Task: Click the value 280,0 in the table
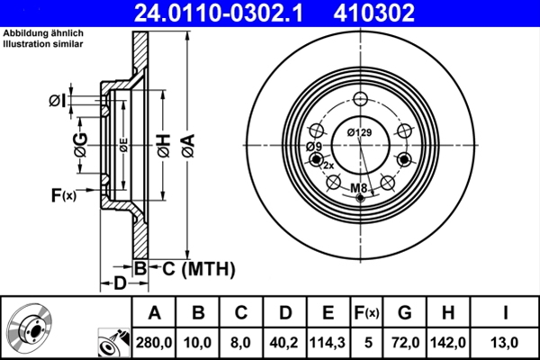click(x=154, y=341)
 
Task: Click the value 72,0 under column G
click(x=404, y=341)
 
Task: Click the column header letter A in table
click(x=154, y=313)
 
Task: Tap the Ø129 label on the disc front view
click(x=360, y=134)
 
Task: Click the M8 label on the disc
click(x=359, y=187)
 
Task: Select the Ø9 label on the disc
click(x=313, y=147)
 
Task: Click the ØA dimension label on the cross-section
click(x=187, y=146)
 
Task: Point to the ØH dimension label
click(x=163, y=146)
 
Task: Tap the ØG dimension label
click(x=80, y=146)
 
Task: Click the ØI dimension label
click(x=57, y=100)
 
